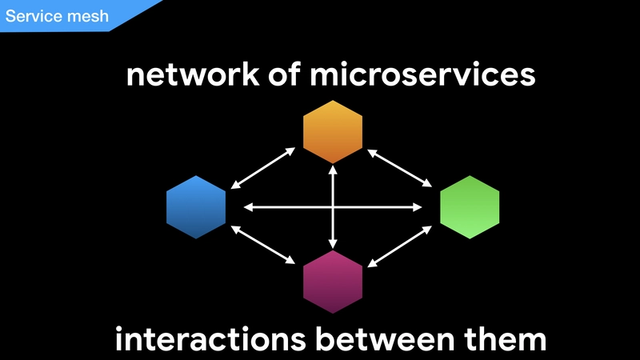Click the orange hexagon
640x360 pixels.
pyautogui.click(x=333, y=132)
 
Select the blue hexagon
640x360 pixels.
pyautogui.click(x=196, y=207)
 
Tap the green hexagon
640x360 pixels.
pyautogui.click(x=470, y=207)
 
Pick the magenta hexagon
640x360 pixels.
pyautogui.click(x=333, y=282)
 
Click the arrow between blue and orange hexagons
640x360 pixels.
pyautogui.click(x=263, y=168)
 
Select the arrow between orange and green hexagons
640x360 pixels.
pyautogui.click(x=399, y=168)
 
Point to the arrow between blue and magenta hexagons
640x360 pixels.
pyautogui.click(x=263, y=245)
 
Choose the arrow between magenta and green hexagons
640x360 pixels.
pyautogui.click(x=399, y=246)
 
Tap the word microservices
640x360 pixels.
pyautogui.click(x=422, y=74)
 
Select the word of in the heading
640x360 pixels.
pyautogui.click(x=285, y=74)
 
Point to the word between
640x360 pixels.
pyautogui.click(x=385, y=338)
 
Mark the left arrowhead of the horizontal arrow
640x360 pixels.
pyautogui.click(x=248, y=207)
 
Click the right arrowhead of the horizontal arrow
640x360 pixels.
pyautogui.click(x=417, y=207)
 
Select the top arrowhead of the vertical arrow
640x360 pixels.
pyautogui.click(x=333, y=170)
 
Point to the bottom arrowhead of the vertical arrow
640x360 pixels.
pyautogui.click(x=333, y=244)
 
